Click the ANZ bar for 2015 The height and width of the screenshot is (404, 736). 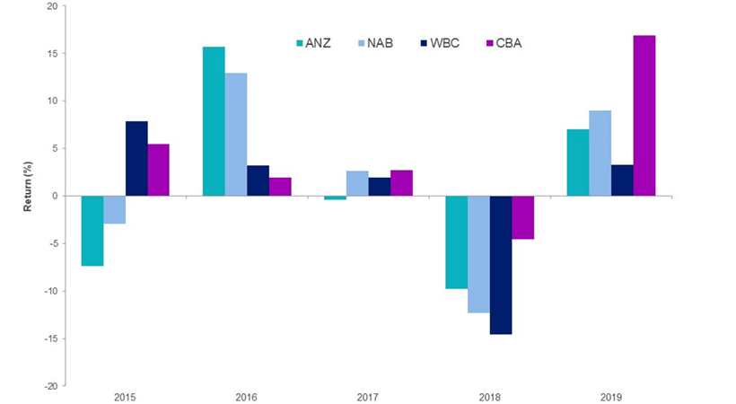coord(92,231)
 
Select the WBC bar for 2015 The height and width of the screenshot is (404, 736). coord(136,158)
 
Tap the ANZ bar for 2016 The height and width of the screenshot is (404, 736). coord(214,121)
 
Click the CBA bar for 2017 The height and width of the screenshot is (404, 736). coord(401,183)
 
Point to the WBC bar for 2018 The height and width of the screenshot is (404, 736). coord(500,265)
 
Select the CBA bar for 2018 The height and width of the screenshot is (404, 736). coord(522,217)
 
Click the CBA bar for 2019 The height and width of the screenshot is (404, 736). coord(644,116)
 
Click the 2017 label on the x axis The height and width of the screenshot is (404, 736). coord(368,396)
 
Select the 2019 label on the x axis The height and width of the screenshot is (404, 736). coord(611,396)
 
